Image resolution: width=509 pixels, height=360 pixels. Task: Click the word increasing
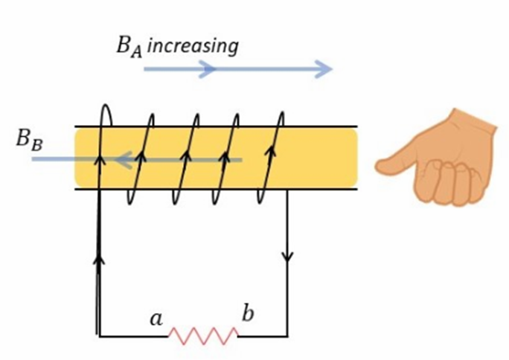pyautogui.click(x=193, y=45)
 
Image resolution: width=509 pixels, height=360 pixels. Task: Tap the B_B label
pyautogui.click(x=29, y=140)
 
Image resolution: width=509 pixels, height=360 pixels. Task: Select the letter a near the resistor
pyautogui.click(x=156, y=319)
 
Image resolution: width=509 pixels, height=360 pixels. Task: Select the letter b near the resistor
pyautogui.click(x=248, y=313)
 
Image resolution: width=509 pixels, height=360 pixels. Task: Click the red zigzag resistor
pyautogui.click(x=203, y=335)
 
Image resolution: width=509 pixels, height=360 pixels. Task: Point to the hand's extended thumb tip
pyautogui.click(x=381, y=165)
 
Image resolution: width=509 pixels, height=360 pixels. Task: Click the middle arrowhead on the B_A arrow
pyautogui.click(x=208, y=70)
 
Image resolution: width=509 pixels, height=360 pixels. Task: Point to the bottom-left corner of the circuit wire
pyautogui.click(x=100, y=336)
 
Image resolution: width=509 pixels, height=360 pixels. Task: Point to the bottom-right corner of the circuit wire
pyautogui.click(x=287, y=336)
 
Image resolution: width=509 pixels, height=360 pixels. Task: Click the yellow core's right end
pyautogui.click(x=353, y=158)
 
